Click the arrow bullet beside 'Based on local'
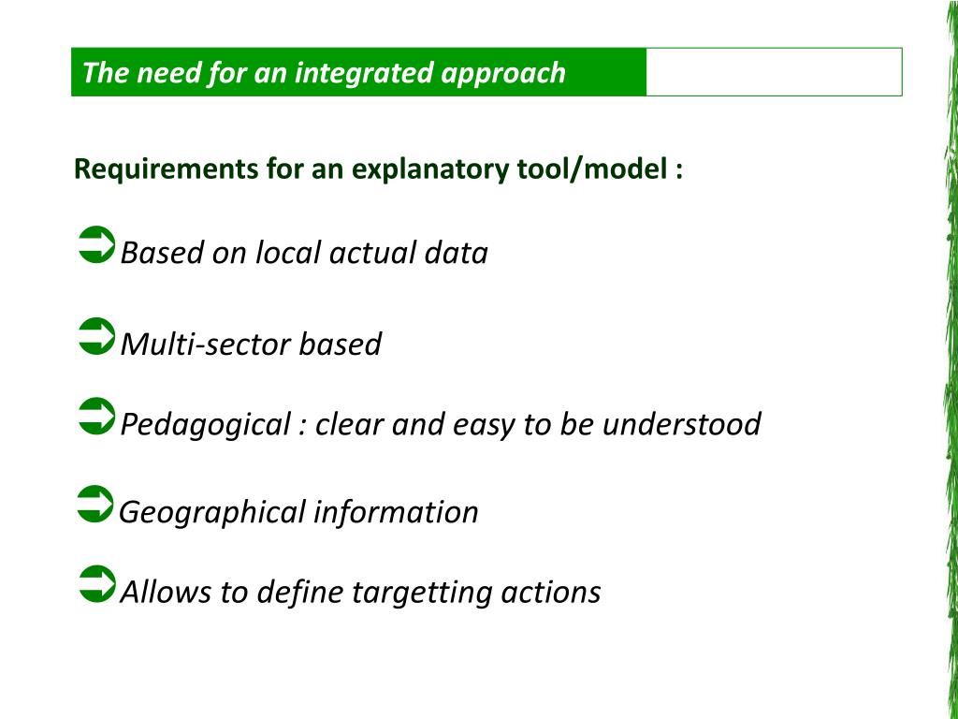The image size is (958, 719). pos(94,245)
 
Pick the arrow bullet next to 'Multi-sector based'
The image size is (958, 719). pos(94,337)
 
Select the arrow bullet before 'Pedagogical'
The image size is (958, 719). pos(94,417)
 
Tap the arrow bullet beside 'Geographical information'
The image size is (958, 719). pos(94,504)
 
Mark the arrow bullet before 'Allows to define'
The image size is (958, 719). pos(94,584)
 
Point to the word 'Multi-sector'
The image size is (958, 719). pos(206,345)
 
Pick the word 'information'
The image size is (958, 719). pos(396,512)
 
